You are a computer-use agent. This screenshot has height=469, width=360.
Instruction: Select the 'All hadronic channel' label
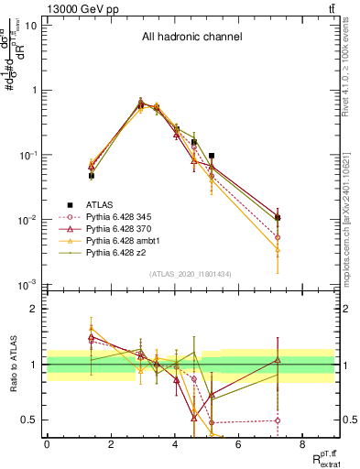[191, 38]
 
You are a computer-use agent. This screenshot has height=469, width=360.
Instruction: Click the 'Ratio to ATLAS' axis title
[13, 365]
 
